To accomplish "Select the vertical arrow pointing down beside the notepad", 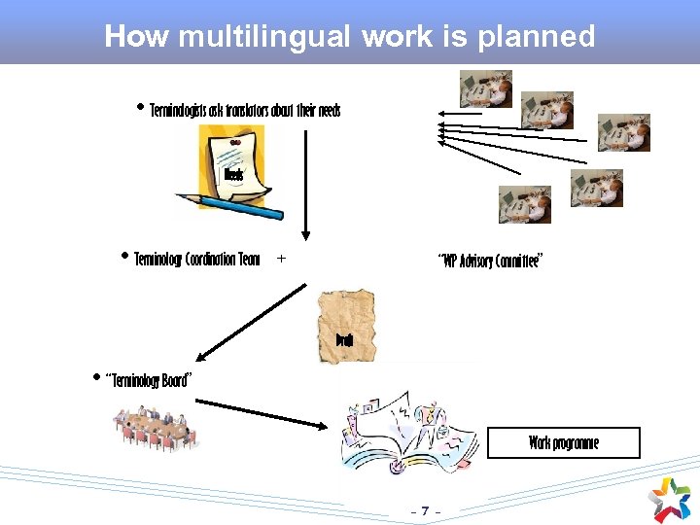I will pyautogui.click(x=305, y=185).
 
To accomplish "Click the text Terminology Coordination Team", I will pyautogui.click(x=197, y=260).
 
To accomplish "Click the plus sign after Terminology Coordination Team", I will pyautogui.click(x=281, y=260).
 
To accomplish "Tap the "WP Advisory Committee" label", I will pyautogui.click(x=490, y=261).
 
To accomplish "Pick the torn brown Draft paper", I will pyautogui.click(x=347, y=326).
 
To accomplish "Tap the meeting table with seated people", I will pyautogui.click(x=156, y=428).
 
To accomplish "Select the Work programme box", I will pyautogui.click(x=564, y=442).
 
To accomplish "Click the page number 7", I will pyautogui.click(x=426, y=510).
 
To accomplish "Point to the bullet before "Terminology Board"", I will pyautogui.click(x=95, y=376).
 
